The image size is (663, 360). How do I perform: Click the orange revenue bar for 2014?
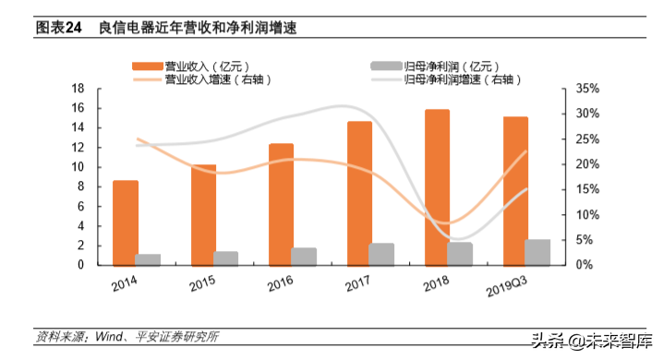(126, 222)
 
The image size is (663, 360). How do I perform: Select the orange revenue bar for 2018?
(437, 187)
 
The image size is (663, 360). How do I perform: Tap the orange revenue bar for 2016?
(281, 204)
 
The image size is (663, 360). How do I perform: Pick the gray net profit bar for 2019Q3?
(537, 252)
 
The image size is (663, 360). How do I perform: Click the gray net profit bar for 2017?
(381, 254)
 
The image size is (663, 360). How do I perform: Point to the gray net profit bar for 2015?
(226, 258)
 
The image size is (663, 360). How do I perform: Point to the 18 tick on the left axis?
(78, 89)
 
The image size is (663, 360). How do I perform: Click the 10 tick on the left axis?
(78, 167)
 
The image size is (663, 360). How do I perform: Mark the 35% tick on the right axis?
(586, 89)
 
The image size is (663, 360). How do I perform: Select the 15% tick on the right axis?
(586, 189)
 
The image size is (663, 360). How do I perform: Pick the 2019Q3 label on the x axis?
(512, 288)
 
